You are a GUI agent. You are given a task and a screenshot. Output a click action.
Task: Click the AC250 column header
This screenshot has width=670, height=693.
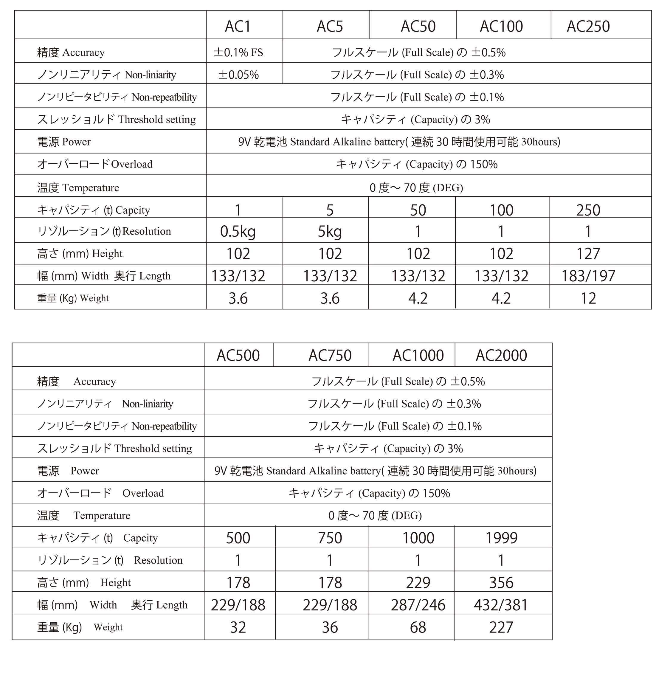(588, 27)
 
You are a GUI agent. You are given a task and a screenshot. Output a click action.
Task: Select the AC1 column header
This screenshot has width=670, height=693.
(238, 27)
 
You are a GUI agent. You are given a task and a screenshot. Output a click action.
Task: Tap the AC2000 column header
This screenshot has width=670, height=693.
(501, 355)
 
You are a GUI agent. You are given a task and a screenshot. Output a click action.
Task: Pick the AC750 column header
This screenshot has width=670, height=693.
(330, 355)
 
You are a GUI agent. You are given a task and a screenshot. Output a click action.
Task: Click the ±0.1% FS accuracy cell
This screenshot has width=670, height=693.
(238, 52)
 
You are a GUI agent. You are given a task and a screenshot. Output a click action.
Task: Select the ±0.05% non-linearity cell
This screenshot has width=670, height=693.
(238, 75)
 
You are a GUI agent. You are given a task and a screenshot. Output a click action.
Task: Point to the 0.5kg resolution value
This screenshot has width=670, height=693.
(238, 231)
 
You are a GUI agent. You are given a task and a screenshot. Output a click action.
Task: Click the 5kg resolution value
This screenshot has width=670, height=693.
(330, 231)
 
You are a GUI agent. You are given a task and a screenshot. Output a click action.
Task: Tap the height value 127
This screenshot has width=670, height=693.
(588, 254)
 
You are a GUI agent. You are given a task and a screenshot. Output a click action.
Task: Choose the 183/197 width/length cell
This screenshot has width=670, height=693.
(588, 276)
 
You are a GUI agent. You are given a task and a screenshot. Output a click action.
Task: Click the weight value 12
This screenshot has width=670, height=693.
(588, 298)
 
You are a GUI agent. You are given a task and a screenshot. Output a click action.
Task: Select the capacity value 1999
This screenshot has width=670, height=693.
(501, 538)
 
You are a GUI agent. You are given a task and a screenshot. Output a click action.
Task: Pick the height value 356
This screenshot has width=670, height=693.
(501, 582)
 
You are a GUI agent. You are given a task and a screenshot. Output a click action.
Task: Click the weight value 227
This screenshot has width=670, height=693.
(501, 627)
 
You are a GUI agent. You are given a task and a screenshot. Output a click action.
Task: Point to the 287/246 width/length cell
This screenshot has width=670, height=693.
(418, 604)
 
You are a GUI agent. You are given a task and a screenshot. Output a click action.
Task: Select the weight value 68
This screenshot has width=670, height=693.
(418, 627)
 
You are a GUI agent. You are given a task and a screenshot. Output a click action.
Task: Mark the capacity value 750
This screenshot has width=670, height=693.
(330, 538)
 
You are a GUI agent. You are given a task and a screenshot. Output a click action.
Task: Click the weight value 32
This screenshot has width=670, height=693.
(238, 627)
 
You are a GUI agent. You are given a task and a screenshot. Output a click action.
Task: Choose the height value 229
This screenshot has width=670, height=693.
(418, 582)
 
